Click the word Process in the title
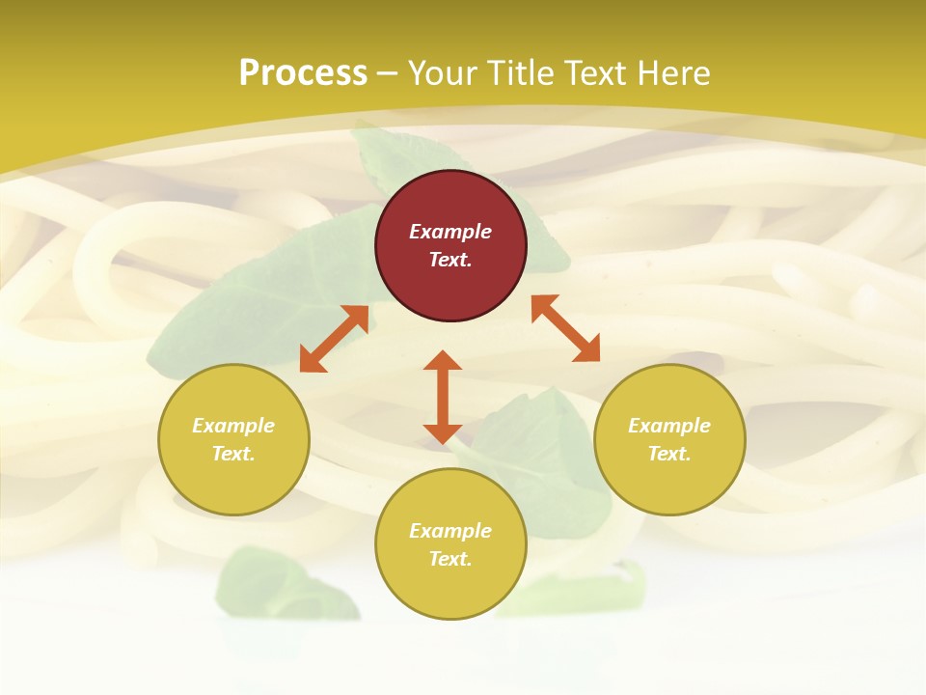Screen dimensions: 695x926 (303, 73)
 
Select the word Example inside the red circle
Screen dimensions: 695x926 (450, 232)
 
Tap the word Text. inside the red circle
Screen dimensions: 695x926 (450, 260)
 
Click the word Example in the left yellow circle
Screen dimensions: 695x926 (233, 426)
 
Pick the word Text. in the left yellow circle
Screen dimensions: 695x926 (233, 454)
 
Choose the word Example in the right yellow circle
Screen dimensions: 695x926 (669, 426)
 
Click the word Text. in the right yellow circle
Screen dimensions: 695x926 (669, 454)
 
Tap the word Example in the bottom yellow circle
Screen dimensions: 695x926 (450, 531)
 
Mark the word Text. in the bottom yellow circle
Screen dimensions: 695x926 (450, 559)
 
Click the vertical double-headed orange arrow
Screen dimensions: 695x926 (443, 397)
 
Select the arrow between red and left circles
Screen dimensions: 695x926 (335, 339)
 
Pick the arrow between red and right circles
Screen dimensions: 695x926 (565, 328)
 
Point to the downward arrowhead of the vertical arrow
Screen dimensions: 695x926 (443, 433)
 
